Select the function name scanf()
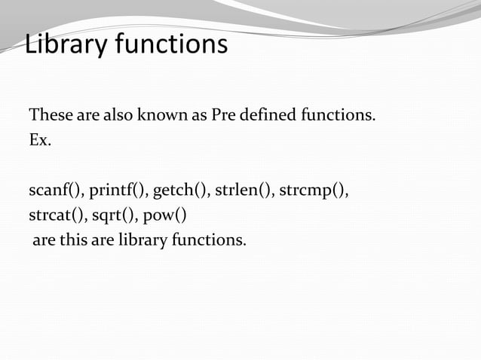click(55, 189)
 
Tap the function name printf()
click(116, 189)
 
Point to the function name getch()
click(181, 189)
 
